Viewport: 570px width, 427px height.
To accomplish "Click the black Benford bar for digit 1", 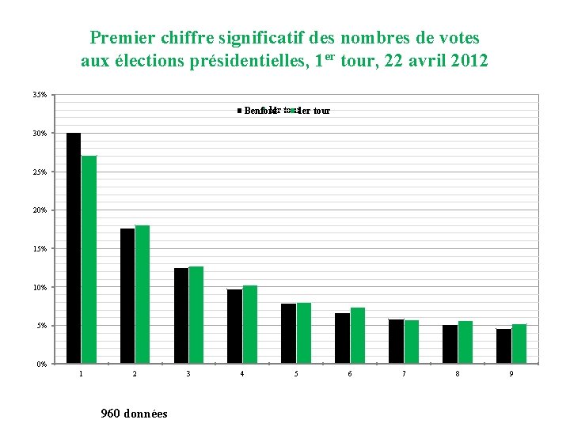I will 74,248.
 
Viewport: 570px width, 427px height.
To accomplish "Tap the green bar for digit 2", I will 142,294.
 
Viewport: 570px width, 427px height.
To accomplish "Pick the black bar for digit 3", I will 181,316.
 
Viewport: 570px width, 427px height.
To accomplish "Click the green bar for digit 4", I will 250,324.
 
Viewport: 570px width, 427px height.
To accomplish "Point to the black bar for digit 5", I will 288,334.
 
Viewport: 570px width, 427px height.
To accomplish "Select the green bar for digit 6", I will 358,335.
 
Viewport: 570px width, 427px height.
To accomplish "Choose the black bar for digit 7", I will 396,342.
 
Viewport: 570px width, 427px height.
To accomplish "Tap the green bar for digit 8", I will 465,342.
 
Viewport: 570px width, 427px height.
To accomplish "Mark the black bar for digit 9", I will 503,346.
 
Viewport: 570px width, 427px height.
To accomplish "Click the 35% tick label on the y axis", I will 40,95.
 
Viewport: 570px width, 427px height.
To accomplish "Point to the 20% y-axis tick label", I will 40,210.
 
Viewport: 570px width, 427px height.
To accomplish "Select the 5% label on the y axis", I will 42,326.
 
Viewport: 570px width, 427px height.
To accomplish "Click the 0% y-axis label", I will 42,364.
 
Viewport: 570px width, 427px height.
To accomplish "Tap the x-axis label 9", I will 511,373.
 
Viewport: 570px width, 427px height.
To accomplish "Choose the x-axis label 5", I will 296,373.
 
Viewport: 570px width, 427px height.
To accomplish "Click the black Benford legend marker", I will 239,111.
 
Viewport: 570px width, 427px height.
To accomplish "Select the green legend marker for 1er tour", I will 292,111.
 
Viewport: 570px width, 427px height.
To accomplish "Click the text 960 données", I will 134,413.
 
